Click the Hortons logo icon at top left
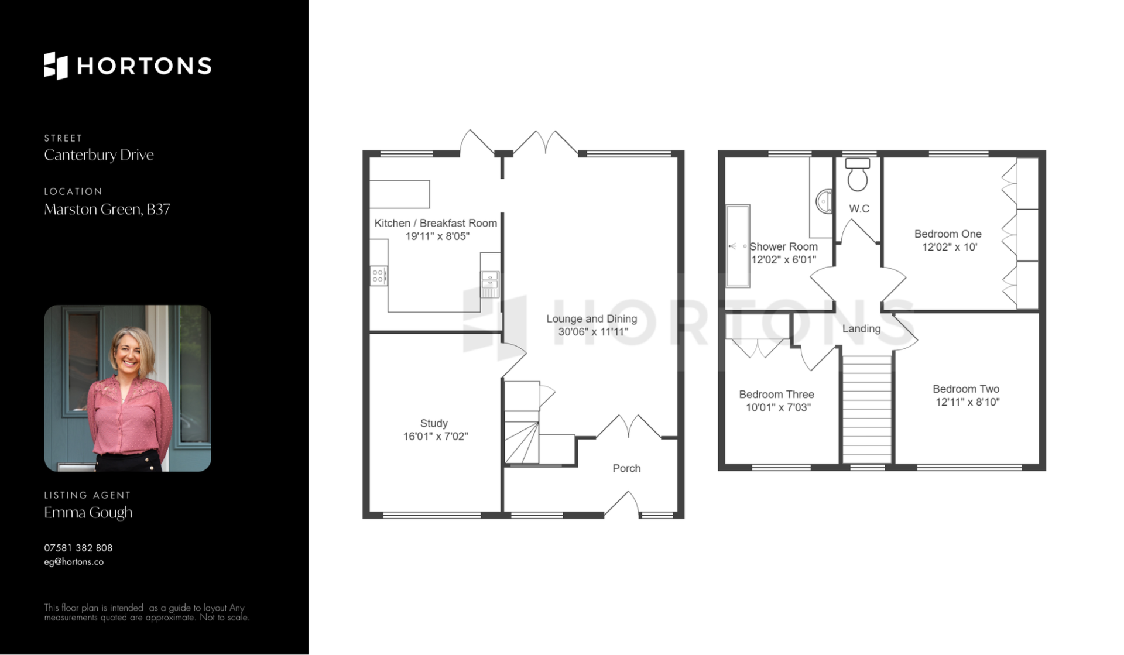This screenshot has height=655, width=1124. (x=56, y=66)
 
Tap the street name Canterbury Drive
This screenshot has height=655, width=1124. (x=99, y=155)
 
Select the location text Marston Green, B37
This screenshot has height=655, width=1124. (x=107, y=210)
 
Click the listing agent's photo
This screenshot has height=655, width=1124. (x=128, y=388)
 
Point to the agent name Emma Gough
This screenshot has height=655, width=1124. (x=88, y=513)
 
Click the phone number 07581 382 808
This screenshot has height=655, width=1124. (x=78, y=548)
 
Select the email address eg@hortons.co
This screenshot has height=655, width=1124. (x=74, y=562)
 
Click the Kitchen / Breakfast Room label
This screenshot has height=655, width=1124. (x=436, y=223)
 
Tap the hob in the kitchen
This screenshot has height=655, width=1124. (x=379, y=276)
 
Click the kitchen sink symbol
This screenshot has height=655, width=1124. (x=489, y=284)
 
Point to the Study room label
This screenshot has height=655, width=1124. (x=434, y=423)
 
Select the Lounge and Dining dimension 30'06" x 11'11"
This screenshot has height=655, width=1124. (x=593, y=332)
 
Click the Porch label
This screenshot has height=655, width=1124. (x=626, y=468)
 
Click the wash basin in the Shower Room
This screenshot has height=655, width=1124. (x=824, y=201)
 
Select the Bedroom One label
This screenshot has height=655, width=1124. (x=948, y=234)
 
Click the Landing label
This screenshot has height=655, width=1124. (x=861, y=329)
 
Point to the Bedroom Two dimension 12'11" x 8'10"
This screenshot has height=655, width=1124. (x=967, y=402)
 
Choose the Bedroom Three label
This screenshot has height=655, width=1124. (x=776, y=395)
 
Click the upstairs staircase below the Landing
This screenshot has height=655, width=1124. (x=866, y=409)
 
